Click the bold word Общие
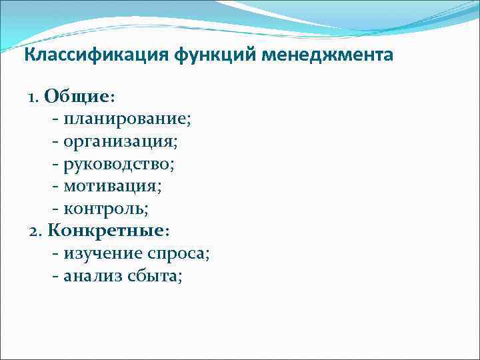point(77,97)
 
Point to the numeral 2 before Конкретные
point(34,231)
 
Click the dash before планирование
point(54,121)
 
